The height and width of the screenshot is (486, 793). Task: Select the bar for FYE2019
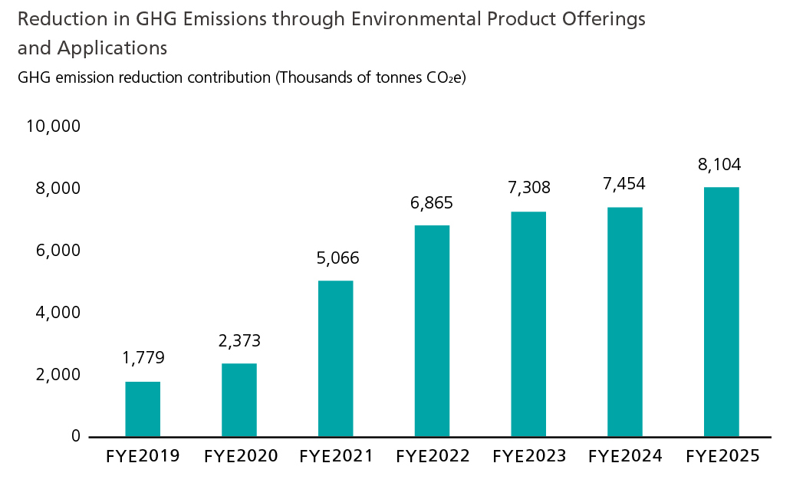(143, 409)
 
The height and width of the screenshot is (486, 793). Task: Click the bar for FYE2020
(239, 399)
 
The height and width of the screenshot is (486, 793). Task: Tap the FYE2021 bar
(336, 358)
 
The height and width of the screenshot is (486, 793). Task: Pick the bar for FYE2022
(432, 330)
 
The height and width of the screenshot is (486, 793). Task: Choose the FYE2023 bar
(529, 323)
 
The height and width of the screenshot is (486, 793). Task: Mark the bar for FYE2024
(625, 321)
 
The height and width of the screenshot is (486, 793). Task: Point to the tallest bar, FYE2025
(722, 311)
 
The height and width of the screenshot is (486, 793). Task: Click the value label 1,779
(143, 358)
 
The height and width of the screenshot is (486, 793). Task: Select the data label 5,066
(337, 258)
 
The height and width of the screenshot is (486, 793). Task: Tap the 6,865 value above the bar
(432, 203)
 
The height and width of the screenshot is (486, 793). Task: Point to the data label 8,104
(720, 164)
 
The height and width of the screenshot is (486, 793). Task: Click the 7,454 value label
(624, 184)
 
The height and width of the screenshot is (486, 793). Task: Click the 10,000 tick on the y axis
(54, 126)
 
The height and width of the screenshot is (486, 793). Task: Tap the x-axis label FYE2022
(433, 457)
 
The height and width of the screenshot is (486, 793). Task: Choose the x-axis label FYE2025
(722, 457)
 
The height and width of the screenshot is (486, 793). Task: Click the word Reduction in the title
(54, 20)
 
